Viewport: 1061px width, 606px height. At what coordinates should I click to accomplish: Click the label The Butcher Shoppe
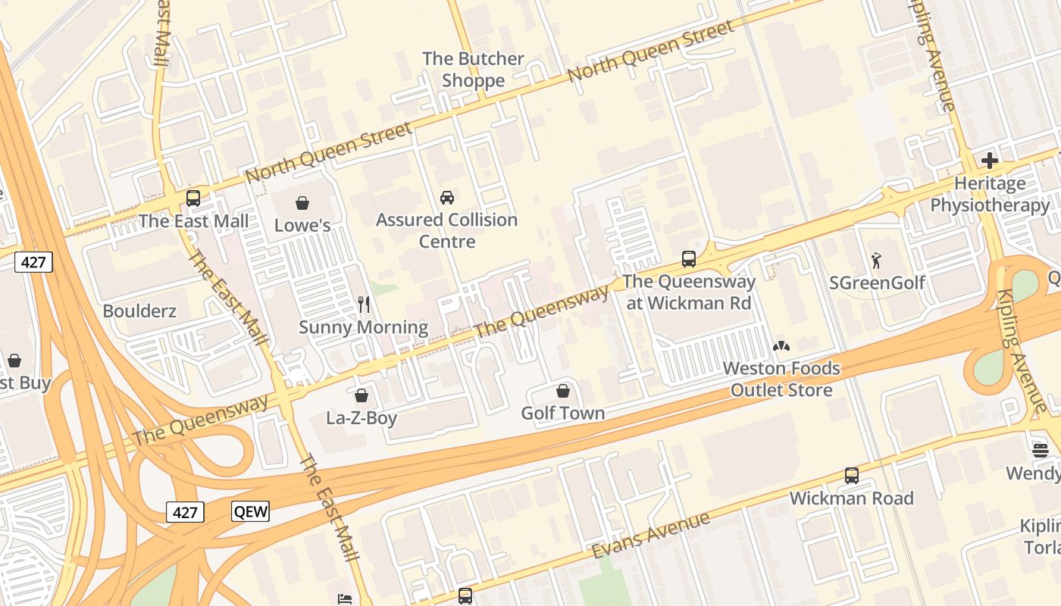point(473,70)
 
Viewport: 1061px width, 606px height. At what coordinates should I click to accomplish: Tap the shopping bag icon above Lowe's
point(302,203)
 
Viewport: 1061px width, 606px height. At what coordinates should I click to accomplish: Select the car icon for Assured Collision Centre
point(447,198)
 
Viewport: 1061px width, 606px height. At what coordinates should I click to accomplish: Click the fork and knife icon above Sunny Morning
point(364,305)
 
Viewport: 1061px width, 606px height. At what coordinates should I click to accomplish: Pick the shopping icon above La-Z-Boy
point(361,395)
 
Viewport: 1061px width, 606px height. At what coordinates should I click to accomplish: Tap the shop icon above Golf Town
point(563,391)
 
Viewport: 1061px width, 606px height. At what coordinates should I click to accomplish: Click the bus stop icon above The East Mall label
point(193,198)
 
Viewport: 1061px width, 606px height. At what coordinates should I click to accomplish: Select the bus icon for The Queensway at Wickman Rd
point(689,259)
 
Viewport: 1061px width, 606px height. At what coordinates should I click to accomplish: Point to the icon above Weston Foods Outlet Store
point(781,347)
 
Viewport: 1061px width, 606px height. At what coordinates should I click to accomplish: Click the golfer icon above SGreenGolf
point(877,261)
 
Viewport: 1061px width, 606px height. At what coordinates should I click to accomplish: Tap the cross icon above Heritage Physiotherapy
point(989,161)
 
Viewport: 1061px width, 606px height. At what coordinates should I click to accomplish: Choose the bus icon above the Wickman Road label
point(852,476)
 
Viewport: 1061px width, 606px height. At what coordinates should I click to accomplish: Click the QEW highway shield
point(250,511)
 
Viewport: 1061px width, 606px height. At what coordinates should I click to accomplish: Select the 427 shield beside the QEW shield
point(185,512)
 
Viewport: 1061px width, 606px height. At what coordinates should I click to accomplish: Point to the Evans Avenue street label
point(651,534)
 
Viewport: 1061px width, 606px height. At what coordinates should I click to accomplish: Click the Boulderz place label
point(139,311)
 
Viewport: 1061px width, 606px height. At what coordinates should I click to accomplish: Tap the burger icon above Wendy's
point(1041,451)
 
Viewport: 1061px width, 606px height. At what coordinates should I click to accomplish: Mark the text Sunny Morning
point(364,327)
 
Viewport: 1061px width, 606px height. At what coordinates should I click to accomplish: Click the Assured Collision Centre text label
point(447,230)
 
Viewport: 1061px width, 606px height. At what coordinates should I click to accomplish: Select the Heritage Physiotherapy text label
point(990,194)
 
